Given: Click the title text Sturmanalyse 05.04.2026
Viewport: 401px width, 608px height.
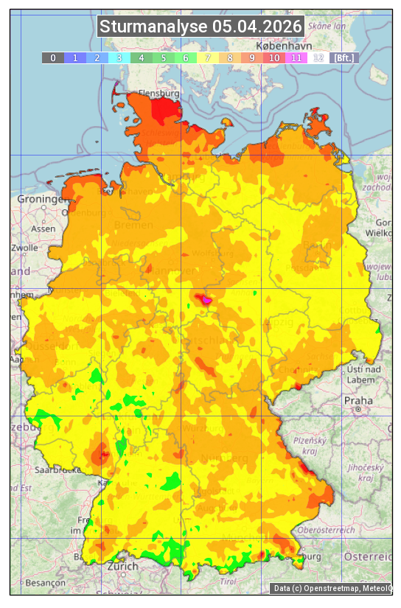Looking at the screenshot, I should tap(200, 27).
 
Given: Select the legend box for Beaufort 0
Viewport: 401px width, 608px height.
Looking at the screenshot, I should tap(52, 57).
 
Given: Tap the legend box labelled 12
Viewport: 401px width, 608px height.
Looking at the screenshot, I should tap(318, 57).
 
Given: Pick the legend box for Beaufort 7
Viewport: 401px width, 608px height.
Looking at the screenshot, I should tap(208, 57).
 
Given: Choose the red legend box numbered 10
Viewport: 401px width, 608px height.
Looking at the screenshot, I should tap(273, 57).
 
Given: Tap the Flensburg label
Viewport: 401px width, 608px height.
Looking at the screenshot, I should tap(159, 94).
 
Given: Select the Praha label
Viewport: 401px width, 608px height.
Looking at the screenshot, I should tap(358, 400).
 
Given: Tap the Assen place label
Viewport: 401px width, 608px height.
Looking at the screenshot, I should tap(43, 228).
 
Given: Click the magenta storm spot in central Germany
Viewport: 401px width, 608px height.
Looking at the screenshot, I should tap(206, 300).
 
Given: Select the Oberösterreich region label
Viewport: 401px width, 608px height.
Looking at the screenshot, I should tap(327, 530).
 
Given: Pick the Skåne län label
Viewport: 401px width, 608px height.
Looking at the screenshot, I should tap(327, 26).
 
